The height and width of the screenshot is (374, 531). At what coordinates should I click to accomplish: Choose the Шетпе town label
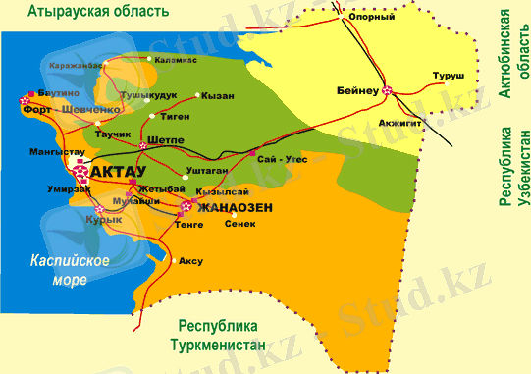click(165, 139)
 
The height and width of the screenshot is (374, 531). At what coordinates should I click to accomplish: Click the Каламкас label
click(176, 60)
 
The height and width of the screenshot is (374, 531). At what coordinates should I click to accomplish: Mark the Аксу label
click(190, 262)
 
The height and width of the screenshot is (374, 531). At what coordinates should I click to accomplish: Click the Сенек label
click(239, 224)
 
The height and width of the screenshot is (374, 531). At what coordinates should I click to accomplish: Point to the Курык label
click(103, 221)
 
